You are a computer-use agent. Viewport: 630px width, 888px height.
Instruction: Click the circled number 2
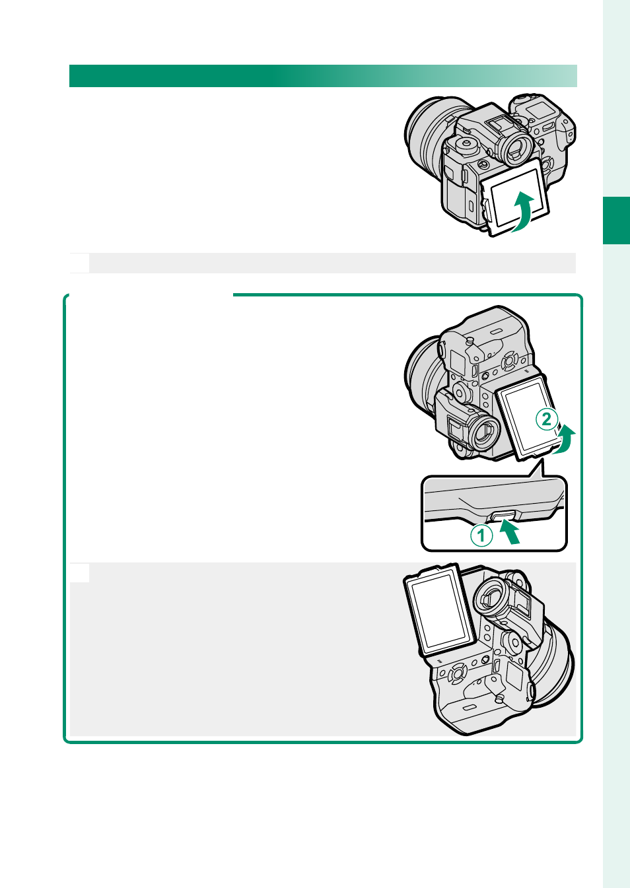pyautogui.click(x=547, y=419)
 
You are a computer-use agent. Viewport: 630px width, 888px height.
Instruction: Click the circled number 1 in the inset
pyautogui.click(x=481, y=535)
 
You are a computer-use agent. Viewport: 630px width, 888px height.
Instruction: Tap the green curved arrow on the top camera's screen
pyautogui.click(x=523, y=211)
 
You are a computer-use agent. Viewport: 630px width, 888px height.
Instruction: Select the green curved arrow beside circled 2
pyautogui.click(x=565, y=439)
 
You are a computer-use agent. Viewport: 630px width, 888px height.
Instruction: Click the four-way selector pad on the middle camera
pyautogui.click(x=509, y=361)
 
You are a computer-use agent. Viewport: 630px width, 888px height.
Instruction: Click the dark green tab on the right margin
pyautogui.click(x=616, y=221)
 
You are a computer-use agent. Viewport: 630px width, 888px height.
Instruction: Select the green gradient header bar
pyautogui.click(x=323, y=76)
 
